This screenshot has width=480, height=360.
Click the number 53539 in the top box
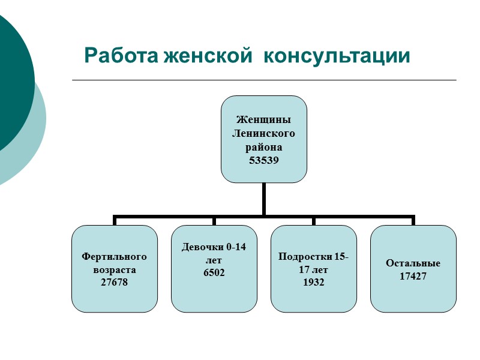(264, 161)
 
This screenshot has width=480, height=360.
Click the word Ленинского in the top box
(264, 133)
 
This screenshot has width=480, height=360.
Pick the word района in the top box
(264, 147)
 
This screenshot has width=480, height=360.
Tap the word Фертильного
(115, 257)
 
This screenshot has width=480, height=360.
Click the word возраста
(115, 270)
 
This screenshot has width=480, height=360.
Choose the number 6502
(214, 272)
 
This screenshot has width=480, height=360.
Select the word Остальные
(413, 263)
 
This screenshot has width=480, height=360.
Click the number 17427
(413, 277)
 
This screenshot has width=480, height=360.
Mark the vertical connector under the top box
(264, 199)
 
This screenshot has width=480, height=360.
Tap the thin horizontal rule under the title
(264, 80)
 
